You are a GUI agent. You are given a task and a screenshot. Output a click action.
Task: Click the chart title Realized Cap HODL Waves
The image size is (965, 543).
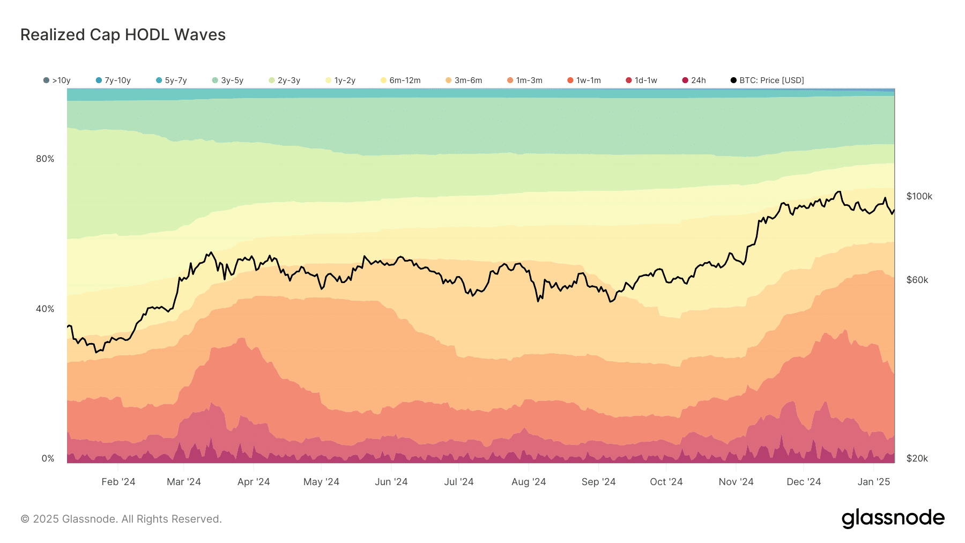pos(123,35)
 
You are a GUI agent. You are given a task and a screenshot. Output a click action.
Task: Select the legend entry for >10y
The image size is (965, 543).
pos(57,80)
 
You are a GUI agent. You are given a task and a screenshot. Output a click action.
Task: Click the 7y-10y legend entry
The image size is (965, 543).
pos(113,80)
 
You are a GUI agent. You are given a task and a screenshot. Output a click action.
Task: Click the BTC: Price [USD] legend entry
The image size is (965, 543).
pos(767,80)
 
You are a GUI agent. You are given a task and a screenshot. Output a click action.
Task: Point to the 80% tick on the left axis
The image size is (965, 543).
pos(45,159)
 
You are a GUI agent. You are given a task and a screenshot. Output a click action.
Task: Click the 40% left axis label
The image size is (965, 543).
pos(45,309)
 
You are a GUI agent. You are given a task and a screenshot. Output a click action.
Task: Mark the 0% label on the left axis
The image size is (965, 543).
pos(48,458)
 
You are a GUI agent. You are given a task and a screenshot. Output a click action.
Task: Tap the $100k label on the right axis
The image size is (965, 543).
pos(919,196)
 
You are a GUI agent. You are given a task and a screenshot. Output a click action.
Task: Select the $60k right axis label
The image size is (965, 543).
pos(917,280)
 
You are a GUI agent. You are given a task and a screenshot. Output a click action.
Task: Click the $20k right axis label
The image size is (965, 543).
pos(917,458)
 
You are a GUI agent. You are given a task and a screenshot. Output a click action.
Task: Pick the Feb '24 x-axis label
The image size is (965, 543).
pos(118,482)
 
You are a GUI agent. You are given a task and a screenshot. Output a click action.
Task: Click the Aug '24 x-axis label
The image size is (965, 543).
pos(528,482)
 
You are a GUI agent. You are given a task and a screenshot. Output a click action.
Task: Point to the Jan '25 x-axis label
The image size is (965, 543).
pos(873,482)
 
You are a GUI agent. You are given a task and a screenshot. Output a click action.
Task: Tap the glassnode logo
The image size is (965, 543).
pos(893,518)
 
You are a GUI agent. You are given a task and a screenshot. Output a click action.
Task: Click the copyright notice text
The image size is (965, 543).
pos(121,519)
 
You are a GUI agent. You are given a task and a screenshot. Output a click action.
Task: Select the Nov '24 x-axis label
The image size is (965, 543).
pos(736,482)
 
